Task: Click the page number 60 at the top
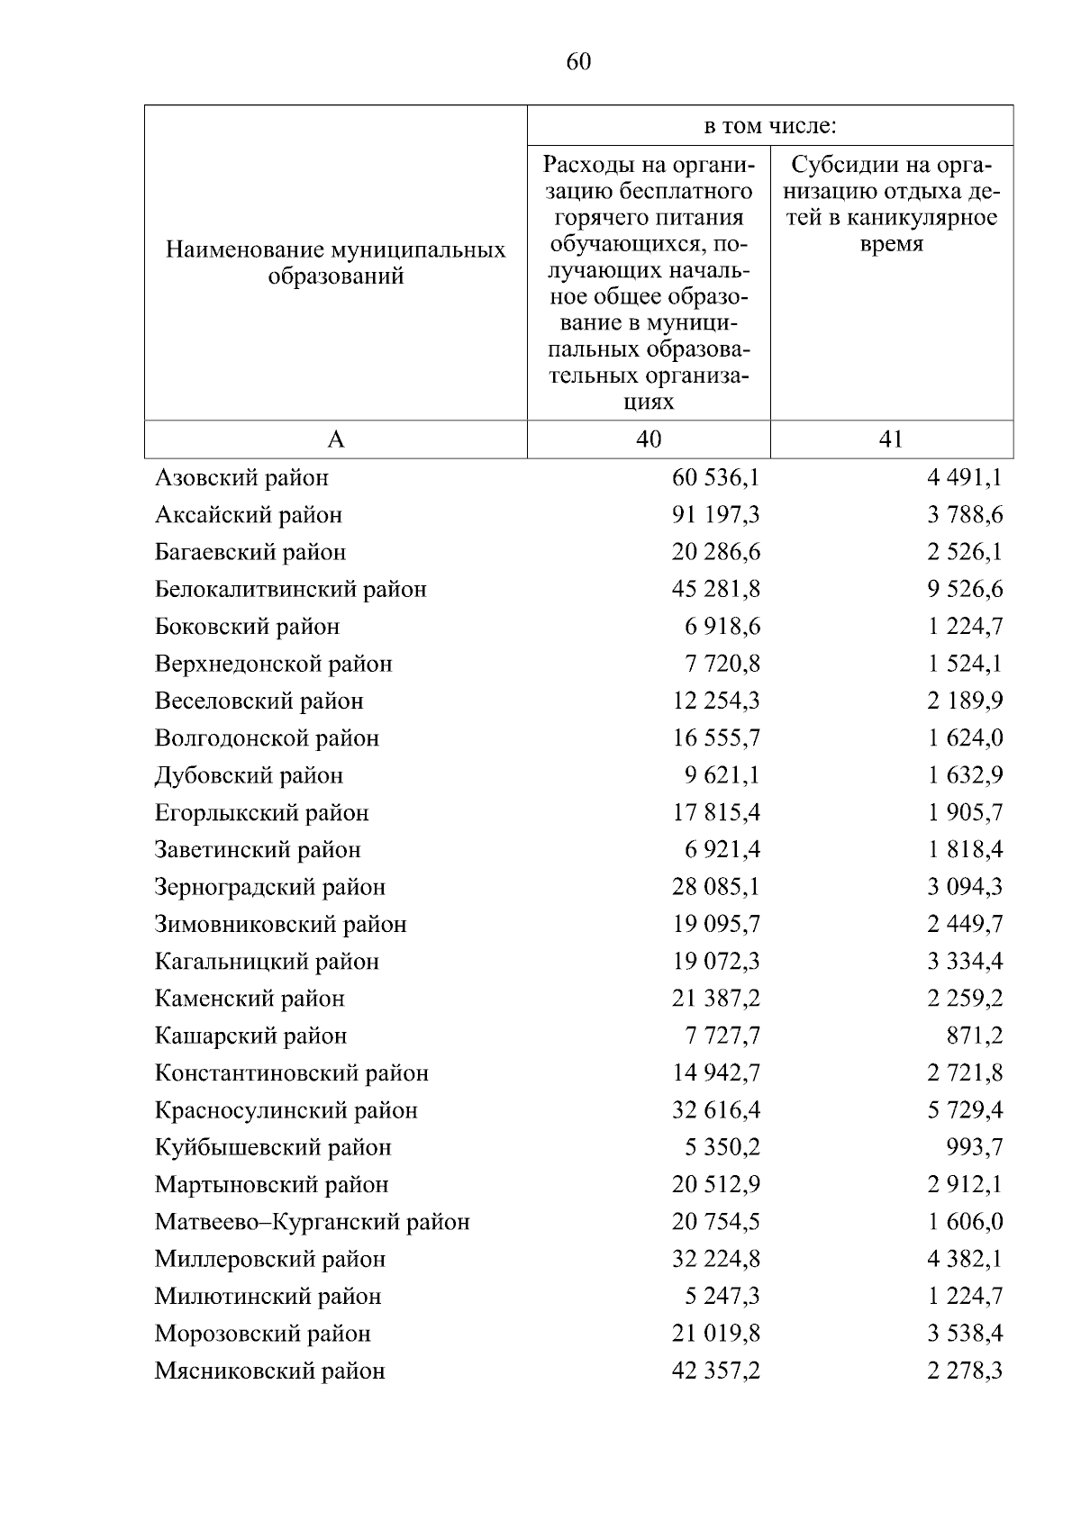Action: [579, 62]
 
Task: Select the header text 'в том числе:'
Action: [770, 127]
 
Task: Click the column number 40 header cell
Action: [649, 439]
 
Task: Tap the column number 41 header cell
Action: [891, 439]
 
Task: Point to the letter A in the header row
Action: [336, 439]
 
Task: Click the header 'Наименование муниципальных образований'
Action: [336, 263]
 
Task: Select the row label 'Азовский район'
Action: [241, 477]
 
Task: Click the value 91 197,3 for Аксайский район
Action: [715, 515]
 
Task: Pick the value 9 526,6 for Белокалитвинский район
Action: [965, 590]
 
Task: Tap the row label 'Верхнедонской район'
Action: [274, 665]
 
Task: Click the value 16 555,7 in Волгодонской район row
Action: [715, 738]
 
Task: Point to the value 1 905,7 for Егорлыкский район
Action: [965, 813]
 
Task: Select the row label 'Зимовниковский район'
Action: [281, 925]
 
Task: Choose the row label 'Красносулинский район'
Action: [286, 1111]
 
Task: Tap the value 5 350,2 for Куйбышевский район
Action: [722, 1148]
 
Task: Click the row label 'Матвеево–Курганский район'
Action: [313, 1223]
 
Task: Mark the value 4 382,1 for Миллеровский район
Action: [965, 1260]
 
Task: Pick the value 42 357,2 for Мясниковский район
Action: [715, 1371]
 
